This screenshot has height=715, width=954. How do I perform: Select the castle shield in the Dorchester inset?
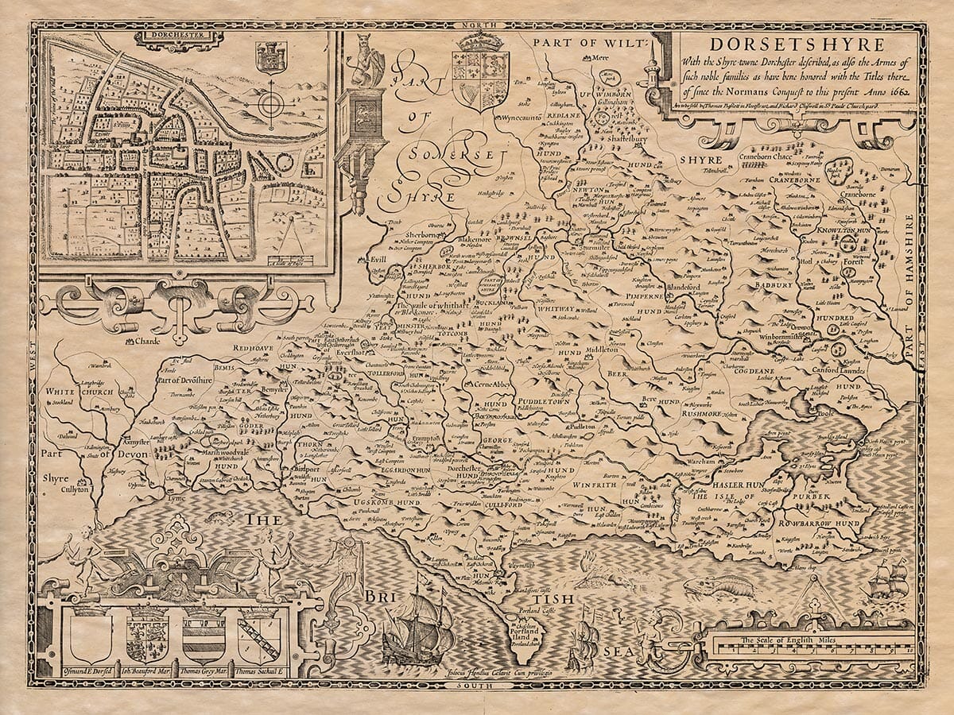click(x=270, y=58)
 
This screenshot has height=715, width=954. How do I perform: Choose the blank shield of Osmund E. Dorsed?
click(x=90, y=636)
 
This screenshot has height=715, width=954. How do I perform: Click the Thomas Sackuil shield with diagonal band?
click(x=260, y=636)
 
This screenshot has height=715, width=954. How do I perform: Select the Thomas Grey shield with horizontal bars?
click(x=204, y=636)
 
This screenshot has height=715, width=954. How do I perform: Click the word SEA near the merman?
click(x=619, y=651)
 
